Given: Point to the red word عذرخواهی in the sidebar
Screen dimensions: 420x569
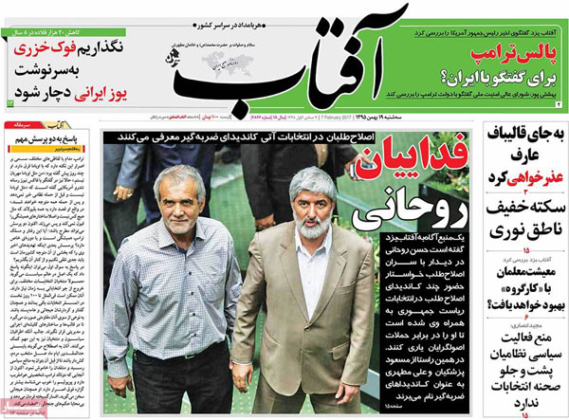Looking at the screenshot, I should tap(532, 178).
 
